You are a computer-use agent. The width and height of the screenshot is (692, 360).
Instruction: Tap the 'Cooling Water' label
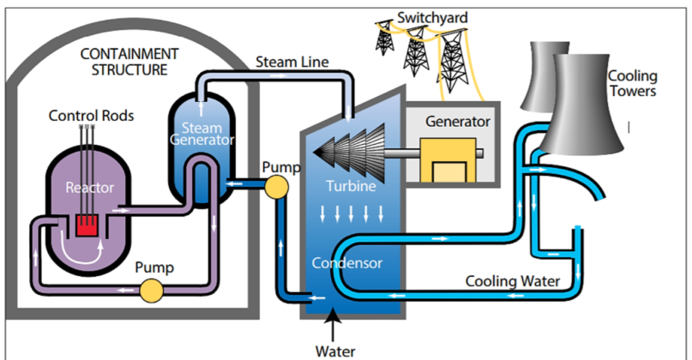(x=513, y=281)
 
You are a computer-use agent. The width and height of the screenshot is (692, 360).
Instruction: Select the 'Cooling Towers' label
(x=632, y=84)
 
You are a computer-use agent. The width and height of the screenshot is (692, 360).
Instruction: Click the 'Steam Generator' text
(x=201, y=134)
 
